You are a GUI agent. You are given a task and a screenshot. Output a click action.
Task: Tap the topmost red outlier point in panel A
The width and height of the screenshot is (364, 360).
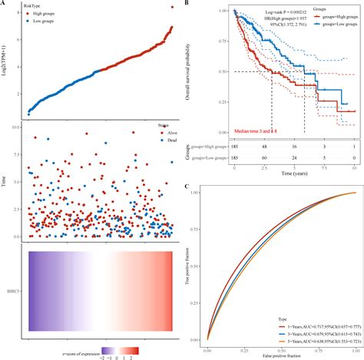(170, 8)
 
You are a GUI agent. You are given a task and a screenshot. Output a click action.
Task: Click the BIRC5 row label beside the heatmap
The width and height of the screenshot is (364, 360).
(15, 292)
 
